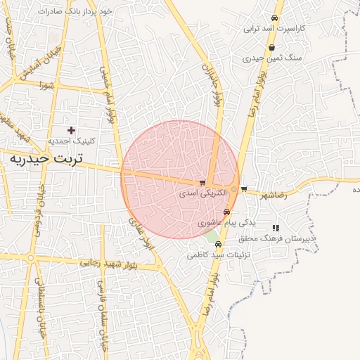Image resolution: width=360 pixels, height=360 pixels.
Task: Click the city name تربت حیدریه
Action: tap(46, 160)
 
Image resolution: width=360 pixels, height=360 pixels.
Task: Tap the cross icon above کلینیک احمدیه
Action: tap(71, 130)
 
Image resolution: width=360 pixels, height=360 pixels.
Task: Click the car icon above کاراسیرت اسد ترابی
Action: tap(274, 18)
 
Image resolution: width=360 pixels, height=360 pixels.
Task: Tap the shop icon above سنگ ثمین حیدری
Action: tap(271, 48)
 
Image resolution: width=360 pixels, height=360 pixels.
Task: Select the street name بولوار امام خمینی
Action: tap(106, 98)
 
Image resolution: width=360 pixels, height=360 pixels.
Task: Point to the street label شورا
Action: tap(47, 86)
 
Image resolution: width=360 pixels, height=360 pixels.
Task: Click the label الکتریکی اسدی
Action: tap(202, 192)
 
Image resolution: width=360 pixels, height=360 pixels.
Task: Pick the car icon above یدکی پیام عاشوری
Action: tap(226, 212)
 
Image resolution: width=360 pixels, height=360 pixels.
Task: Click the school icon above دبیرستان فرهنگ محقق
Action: tap(276, 228)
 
